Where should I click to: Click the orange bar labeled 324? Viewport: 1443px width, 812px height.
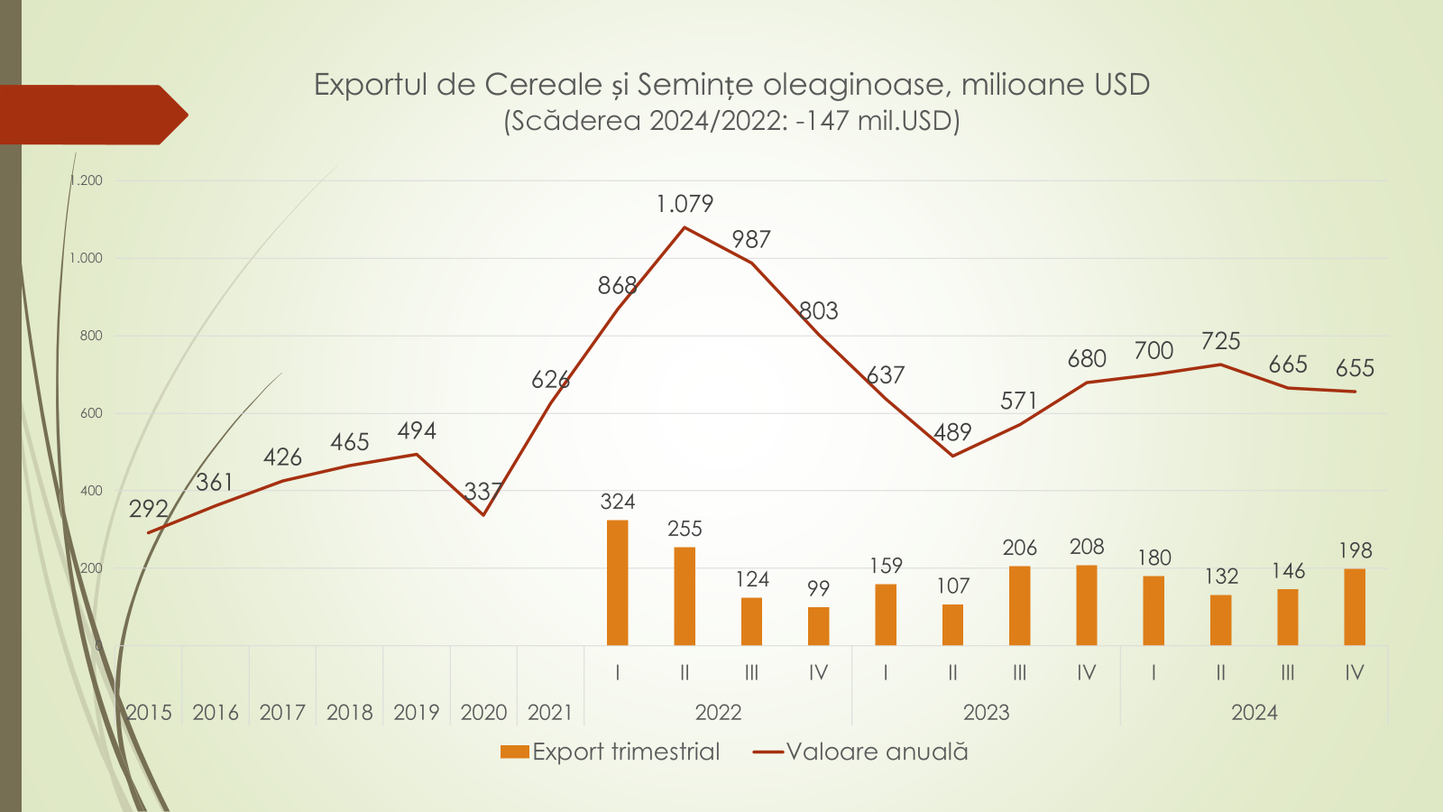617,583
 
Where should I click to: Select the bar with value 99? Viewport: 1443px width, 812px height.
818,626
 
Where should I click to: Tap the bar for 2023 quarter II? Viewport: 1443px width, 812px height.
952,624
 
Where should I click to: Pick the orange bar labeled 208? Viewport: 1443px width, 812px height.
1086,605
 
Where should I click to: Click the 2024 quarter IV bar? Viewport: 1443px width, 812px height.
1354,607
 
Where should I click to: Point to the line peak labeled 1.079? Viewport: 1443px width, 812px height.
685,227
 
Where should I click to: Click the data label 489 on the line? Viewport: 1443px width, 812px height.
952,433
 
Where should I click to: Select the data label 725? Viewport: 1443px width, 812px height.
1220,341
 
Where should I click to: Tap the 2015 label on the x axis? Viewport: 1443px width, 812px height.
149,713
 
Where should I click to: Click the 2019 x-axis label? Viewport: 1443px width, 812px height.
417,713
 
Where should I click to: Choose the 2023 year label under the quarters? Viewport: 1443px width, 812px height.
986,713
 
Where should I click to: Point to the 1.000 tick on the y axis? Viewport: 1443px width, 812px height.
87,258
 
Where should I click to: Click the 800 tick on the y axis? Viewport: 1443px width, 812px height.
91,336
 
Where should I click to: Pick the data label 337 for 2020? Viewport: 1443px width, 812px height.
483,492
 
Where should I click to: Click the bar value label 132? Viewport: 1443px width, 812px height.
1221,576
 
